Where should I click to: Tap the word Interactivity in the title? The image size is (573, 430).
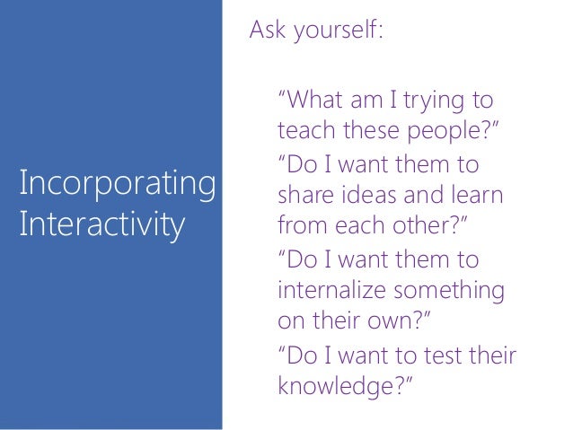click(x=100, y=223)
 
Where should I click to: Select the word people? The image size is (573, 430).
click(x=454, y=133)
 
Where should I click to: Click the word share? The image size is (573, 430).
click(x=308, y=196)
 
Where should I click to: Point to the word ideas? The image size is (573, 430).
click(x=372, y=196)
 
